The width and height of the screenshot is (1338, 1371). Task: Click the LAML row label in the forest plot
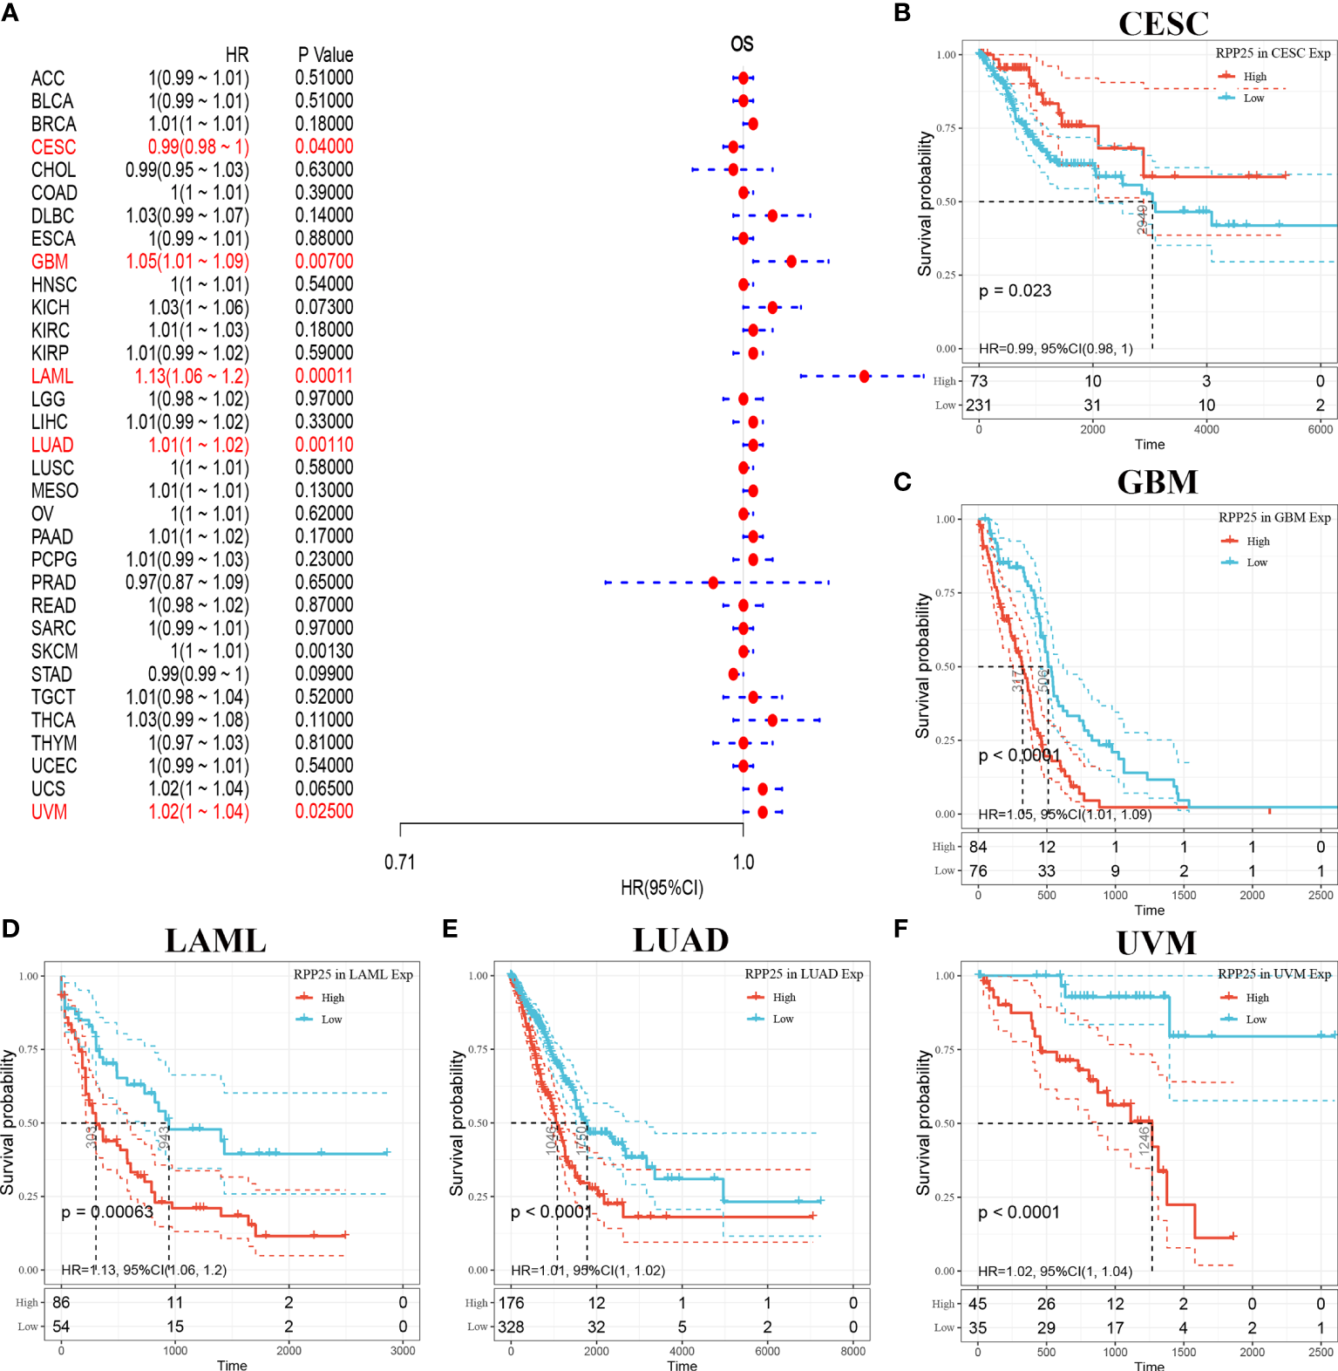click(52, 376)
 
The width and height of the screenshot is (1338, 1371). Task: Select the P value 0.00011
click(324, 376)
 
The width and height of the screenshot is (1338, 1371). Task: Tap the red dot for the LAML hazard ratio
click(864, 376)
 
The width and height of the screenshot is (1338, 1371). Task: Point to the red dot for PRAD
click(714, 582)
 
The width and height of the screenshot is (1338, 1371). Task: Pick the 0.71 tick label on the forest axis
click(400, 862)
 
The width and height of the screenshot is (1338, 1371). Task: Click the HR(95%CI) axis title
click(662, 888)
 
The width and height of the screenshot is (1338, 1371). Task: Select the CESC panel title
click(1163, 24)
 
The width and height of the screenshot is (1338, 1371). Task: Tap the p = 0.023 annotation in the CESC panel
click(1015, 290)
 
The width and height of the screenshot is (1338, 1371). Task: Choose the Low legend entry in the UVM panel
click(1255, 1019)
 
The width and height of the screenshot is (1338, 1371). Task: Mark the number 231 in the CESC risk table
click(979, 405)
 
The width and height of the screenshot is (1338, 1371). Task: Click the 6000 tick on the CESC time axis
click(1320, 429)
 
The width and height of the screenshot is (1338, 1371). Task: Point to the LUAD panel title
click(681, 940)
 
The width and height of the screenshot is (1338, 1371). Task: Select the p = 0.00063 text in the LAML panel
click(107, 1211)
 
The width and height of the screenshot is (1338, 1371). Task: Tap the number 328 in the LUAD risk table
click(511, 1327)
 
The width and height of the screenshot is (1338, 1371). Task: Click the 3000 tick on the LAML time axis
click(403, 1350)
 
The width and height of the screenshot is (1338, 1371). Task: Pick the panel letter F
click(901, 929)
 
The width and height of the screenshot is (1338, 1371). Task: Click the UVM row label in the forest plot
click(50, 812)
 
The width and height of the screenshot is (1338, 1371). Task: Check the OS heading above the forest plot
click(742, 44)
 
